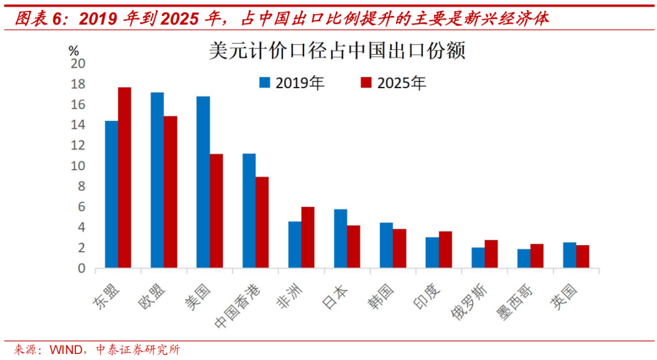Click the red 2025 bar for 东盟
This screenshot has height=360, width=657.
click(x=125, y=178)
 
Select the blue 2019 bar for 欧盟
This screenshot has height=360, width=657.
click(x=157, y=180)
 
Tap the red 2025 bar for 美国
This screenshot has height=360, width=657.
click(x=216, y=211)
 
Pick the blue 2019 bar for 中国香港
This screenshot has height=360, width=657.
click(x=249, y=211)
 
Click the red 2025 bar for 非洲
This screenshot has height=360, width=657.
click(x=308, y=237)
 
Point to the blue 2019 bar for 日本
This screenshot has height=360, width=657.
click(x=341, y=238)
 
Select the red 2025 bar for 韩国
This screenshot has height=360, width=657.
click(x=399, y=248)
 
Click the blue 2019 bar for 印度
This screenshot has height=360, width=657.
click(x=432, y=252)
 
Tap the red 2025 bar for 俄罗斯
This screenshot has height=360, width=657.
click(x=491, y=254)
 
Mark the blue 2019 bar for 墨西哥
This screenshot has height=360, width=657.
click(x=524, y=258)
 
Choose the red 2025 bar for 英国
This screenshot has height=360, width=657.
click(x=582, y=256)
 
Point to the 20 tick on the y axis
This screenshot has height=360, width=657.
click(x=79, y=64)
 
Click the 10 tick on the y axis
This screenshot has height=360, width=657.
click(x=79, y=166)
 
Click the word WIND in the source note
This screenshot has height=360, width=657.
click(x=64, y=350)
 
